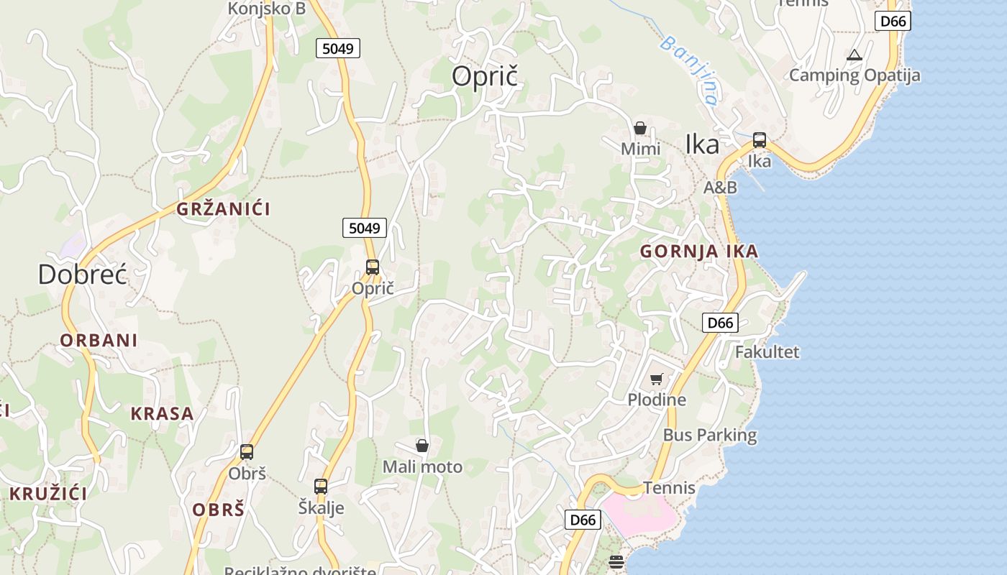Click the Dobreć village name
point(82,275)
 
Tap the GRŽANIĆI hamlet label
point(224,209)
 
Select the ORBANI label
point(99,340)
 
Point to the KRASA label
point(162,414)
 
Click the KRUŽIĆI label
point(48,494)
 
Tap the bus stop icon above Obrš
point(247,452)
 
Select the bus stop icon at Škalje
point(321,487)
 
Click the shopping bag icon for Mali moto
point(422,446)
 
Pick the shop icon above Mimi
point(639,129)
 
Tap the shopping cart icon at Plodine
point(656,379)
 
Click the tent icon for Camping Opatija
point(854,55)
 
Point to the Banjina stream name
point(689,70)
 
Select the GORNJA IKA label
point(699,252)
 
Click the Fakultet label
point(767,352)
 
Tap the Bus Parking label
point(709,435)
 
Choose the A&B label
point(720,188)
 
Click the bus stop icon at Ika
point(760,140)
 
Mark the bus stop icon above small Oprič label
point(373,267)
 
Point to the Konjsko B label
point(266,9)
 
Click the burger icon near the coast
point(616,561)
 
